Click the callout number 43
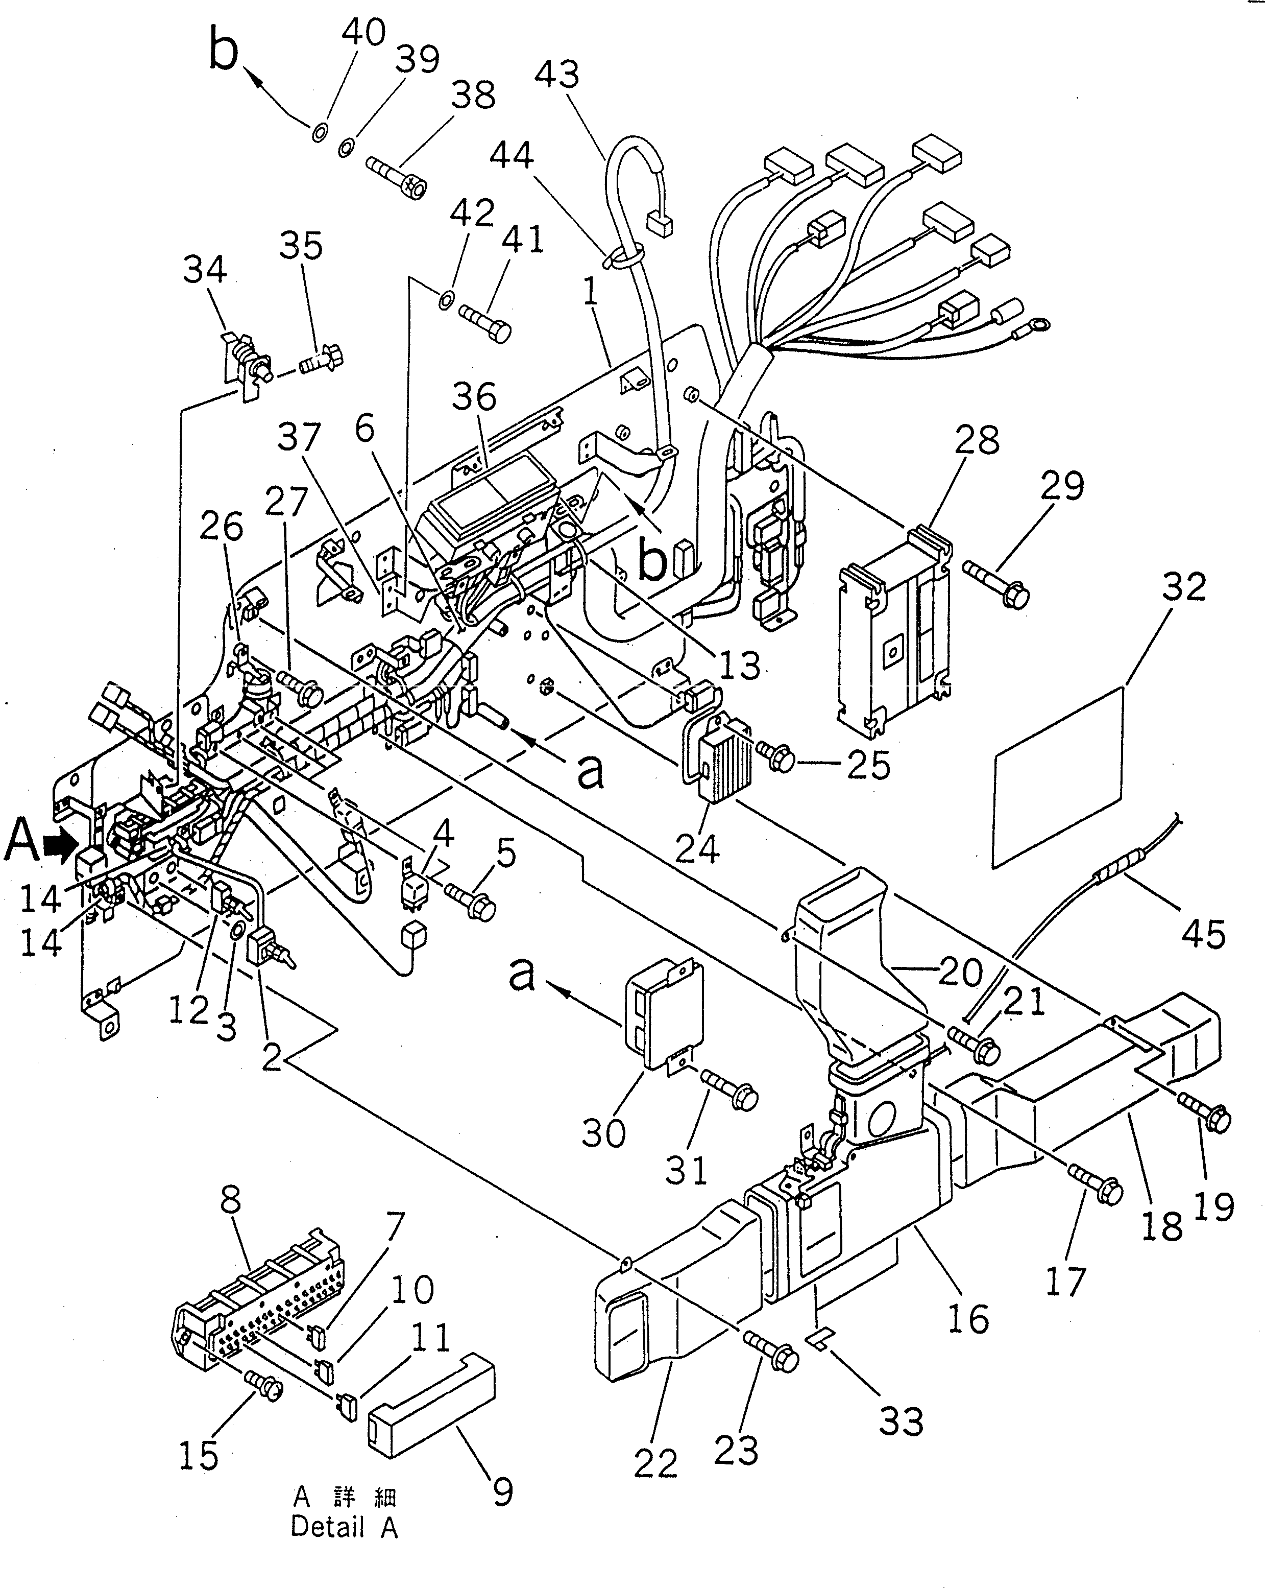tap(556, 75)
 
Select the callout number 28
tap(977, 440)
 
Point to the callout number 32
tap(1184, 587)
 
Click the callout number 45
tap(1204, 933)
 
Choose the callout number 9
tap(502, 1492)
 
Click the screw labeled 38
tap(398, 177)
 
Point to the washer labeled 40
tap(320, 133)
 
